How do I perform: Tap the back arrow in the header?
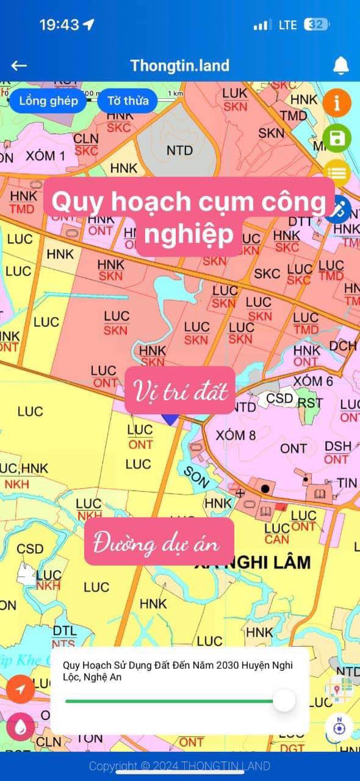[19, 66]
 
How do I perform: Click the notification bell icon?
[340, 65]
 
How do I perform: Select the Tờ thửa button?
[128, 101]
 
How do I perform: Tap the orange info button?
[336, 103]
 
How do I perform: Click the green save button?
[336, 138]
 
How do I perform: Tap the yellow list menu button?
[336, 173]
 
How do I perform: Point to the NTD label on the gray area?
[179, 150]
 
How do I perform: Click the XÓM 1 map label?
[45, 156]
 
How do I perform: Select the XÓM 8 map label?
[235, 435]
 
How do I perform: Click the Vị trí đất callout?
[180, 390]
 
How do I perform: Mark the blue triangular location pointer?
[170, 419]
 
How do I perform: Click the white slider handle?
[284, 700]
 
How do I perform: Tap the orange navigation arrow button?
[20, 690]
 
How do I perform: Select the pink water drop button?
[20, 727]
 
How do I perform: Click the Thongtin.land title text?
[179, 66]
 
